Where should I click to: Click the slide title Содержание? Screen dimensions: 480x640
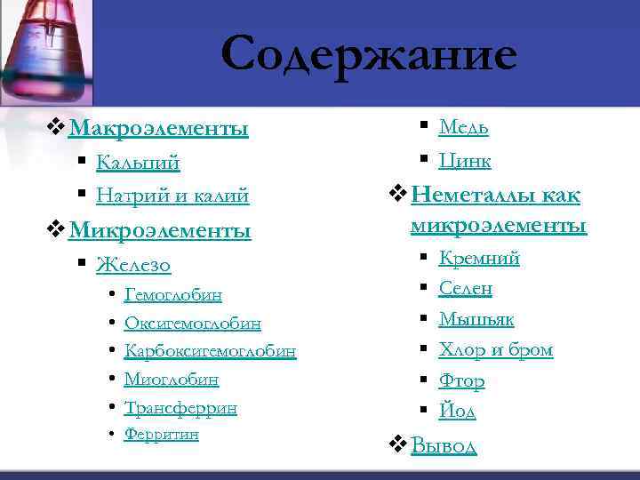368,55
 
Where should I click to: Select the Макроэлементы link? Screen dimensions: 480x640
158,129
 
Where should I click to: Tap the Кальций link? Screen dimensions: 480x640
138,164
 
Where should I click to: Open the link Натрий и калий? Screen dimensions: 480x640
172,196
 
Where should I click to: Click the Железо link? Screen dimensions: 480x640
133,265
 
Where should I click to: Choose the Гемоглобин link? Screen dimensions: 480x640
173,294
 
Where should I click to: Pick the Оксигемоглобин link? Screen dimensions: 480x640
193,323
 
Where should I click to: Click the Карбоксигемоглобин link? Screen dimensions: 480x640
210,351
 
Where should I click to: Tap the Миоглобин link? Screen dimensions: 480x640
172,380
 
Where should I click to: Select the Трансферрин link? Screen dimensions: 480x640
180,408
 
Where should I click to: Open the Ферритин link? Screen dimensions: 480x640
162,435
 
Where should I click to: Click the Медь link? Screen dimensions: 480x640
463,128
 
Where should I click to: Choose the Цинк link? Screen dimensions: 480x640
465,161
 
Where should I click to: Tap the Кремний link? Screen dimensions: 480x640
479,259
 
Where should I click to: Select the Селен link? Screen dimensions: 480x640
466,289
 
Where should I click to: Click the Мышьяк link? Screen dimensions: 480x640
476,319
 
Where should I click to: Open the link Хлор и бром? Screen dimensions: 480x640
496,350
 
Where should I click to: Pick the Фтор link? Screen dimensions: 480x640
461,381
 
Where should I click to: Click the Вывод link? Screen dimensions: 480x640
444,445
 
